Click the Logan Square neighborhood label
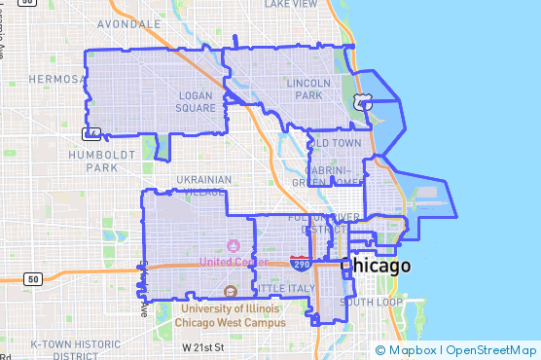tap(196, 101)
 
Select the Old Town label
tap(335, 143)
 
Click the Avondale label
tap(128, 22)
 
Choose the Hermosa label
tap(58, 78)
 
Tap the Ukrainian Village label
tap(204, 186)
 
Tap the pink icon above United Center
tap(233, 245)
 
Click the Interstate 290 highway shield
tap(301, 263)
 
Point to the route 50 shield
tap(33, 279)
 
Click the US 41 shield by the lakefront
tap(362, 100)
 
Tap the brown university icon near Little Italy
tap(231, 292)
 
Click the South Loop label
tap(372, 303)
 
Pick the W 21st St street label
tap(203, 347)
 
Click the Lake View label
tap(290, 4)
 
